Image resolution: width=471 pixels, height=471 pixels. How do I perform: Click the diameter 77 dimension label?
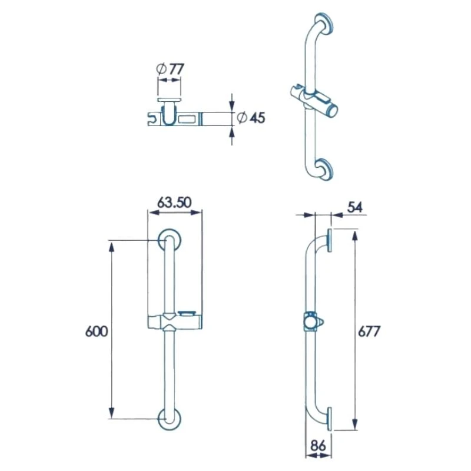tap(169, 69)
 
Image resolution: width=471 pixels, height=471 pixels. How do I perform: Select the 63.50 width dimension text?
tap(174, 202)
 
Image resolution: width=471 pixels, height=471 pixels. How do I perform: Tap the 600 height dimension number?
tap(97, 331)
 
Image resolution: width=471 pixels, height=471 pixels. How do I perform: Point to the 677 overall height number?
tap(370, 331)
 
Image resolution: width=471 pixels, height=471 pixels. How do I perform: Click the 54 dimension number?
tap(355, 207)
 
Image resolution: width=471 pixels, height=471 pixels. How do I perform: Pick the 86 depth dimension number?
tap(319, 446)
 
